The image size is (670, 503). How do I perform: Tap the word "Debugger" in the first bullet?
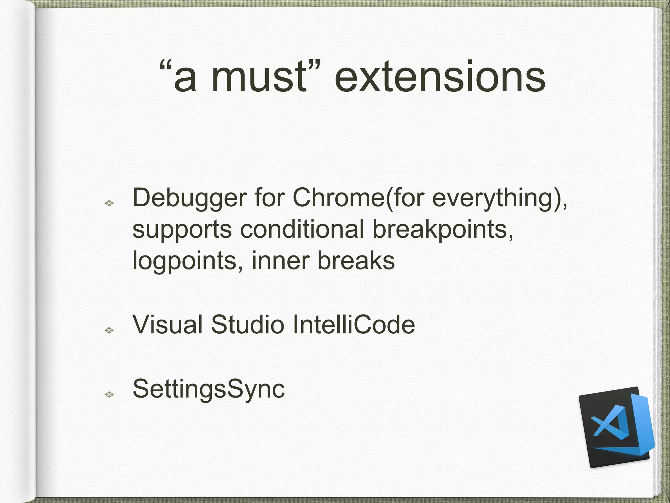189,198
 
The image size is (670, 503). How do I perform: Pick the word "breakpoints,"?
443,229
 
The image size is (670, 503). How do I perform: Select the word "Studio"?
247,325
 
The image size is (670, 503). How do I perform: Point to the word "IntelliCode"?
354,325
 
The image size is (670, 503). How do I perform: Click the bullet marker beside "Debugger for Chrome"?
109,203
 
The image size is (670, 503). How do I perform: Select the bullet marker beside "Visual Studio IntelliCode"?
109,330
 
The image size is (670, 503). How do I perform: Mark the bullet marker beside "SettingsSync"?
109,395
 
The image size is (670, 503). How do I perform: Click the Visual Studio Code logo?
616,427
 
